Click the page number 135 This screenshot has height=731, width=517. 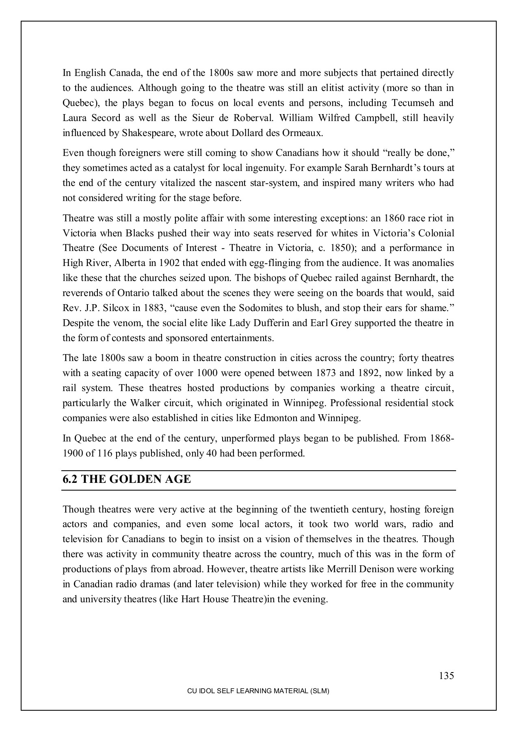tap(446, 676)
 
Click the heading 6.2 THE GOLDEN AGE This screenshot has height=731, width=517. tap(126, 480)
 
